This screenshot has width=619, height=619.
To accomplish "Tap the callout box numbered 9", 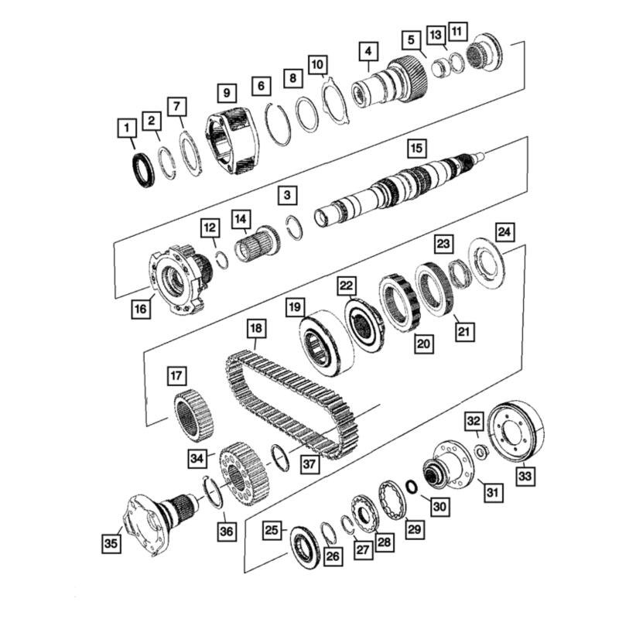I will [x=226, y=93].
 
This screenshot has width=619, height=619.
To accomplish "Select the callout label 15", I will [x=417, y=148].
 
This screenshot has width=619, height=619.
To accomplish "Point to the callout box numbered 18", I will [x=256, y=329].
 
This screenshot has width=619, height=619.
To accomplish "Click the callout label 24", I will [x=504, y=231].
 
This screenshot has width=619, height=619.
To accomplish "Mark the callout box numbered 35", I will [x=111, y=544].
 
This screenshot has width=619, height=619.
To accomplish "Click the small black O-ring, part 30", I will [x=412, y=486].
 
